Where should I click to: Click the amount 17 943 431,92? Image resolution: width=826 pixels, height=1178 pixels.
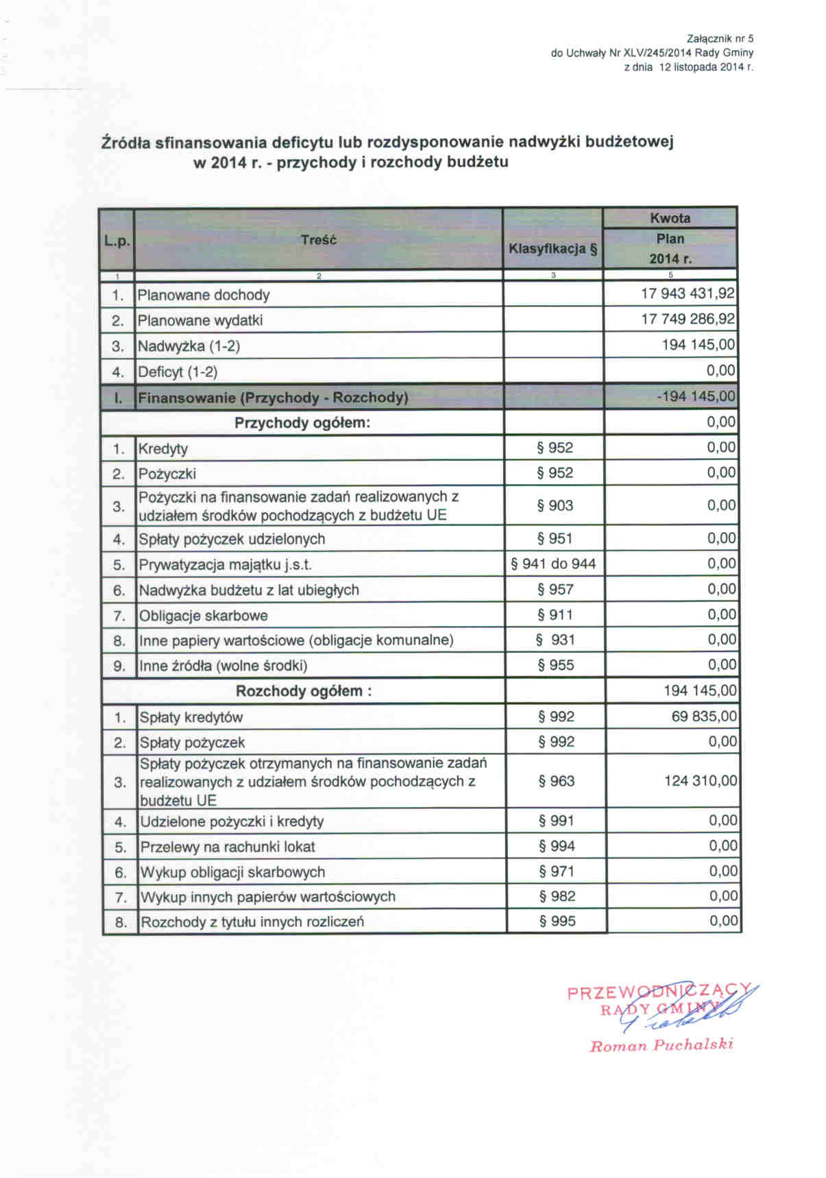pyautogui.click(x=688, y=294)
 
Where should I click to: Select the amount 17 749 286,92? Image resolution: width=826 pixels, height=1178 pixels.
pyautogui.click(x=688, y=320)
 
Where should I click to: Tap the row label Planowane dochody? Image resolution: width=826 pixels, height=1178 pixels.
pyautogui.click(x=204, y=296)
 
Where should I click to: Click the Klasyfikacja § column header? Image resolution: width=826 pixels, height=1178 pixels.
pyautogui.click(x=552, y=249)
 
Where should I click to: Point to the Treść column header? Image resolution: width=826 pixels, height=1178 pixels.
pyautogui.click(x=319, y=240)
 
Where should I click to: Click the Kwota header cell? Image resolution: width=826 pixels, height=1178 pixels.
pyautogui.click(x=670, y=219)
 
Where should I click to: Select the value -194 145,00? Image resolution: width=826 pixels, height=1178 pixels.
pyautogui.click(x=696, y=396)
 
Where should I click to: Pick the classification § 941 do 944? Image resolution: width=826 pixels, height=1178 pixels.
pyautogui.click(x=554, y=564)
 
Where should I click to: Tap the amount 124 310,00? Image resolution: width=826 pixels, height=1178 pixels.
pyautogui.click(x=701, y=781)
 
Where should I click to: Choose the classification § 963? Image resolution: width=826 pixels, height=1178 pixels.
pyautogui.click(x=556, y=781)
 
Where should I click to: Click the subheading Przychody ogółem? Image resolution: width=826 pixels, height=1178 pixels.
pyautogui.click(x=302, y=422)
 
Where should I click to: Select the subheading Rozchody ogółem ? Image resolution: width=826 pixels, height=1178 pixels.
pyautogui.click(x=304, y=691)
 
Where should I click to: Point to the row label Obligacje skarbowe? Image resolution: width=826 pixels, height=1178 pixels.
pyautogui.click(x=204, y=616)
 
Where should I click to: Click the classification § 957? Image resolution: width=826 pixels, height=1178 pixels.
pyautogui.click(x=555, y=590)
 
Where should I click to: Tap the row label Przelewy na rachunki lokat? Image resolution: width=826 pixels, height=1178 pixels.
pyautogui.click(x=228, y=847)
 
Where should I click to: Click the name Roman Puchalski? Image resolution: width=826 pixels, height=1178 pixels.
pyautogui.click(x=661, y=1046)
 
